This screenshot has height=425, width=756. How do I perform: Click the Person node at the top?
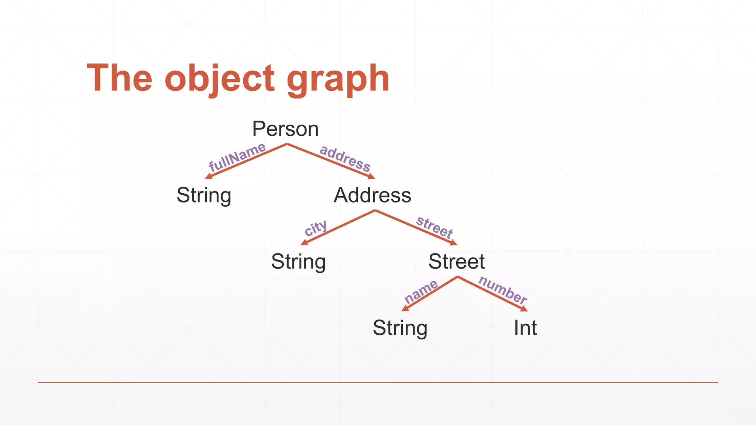(x=285, y=129)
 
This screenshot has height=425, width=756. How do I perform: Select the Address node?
(x=372, y=195)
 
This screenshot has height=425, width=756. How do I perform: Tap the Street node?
(x=456, y=262)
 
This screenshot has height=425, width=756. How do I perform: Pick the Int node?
(x=525, y=328)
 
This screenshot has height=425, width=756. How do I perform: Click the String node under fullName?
(x=204, y=196)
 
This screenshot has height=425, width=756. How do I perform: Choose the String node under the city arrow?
(x=298, y=262)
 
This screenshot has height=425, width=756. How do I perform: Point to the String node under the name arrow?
(x=400, y=328)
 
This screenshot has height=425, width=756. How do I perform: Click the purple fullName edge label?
(x=237, y=157)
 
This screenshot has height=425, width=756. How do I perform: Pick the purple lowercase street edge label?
(x=434, y=227)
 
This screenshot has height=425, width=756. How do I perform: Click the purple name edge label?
(x=421, y=291)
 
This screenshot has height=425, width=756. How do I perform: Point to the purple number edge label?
(x=503, y=290)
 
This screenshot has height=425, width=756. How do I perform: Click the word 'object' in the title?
(x=220, y=79)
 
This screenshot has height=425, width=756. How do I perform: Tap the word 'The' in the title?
(x=119, y=78)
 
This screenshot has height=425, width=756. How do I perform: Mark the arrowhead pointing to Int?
(x=525, y=309)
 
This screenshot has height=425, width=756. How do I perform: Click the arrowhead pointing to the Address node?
(x=371, y=177)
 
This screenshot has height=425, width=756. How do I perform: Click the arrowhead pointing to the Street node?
(x=454, y=243)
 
